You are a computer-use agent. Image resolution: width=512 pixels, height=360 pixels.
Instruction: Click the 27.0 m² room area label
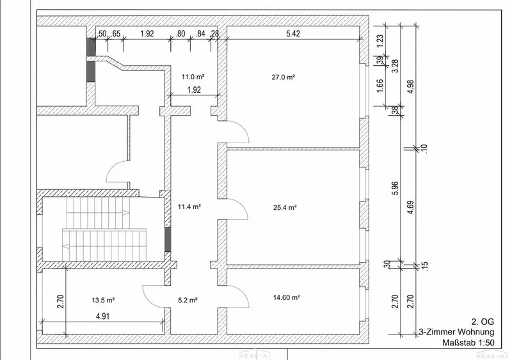(284, 77)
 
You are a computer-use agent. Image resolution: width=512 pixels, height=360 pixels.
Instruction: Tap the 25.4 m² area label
(285, 207)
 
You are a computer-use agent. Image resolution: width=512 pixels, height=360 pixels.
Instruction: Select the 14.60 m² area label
(286, 297)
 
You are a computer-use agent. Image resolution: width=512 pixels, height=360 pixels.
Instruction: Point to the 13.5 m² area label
(103, 301)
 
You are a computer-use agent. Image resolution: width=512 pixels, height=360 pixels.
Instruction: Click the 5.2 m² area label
(188, 301)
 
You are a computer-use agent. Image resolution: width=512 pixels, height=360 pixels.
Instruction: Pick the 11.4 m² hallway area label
(189, 207)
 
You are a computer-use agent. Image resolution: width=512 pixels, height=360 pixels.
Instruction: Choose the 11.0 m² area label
(193, 77)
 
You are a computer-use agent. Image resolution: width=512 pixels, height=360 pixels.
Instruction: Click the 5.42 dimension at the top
(293, 33)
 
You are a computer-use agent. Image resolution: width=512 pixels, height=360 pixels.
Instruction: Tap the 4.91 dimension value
(102, 317)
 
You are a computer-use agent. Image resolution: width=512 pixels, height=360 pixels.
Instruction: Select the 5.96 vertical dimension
(395, 188)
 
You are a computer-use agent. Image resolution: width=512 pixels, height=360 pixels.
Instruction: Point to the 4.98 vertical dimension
(411, 86)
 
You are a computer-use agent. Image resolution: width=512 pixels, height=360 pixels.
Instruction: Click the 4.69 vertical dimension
(411, 207)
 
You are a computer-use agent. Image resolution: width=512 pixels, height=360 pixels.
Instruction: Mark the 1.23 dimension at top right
(380, 42)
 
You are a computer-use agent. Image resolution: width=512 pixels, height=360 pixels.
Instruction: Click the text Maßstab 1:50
(468, 343)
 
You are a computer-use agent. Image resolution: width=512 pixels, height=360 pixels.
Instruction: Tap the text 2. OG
(483, 322)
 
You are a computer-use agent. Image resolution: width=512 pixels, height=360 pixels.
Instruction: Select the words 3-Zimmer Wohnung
(456, 332)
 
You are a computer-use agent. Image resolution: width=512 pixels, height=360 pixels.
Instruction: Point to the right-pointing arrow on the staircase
(126, 213)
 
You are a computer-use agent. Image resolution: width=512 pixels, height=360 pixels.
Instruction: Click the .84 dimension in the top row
(200, 34)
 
